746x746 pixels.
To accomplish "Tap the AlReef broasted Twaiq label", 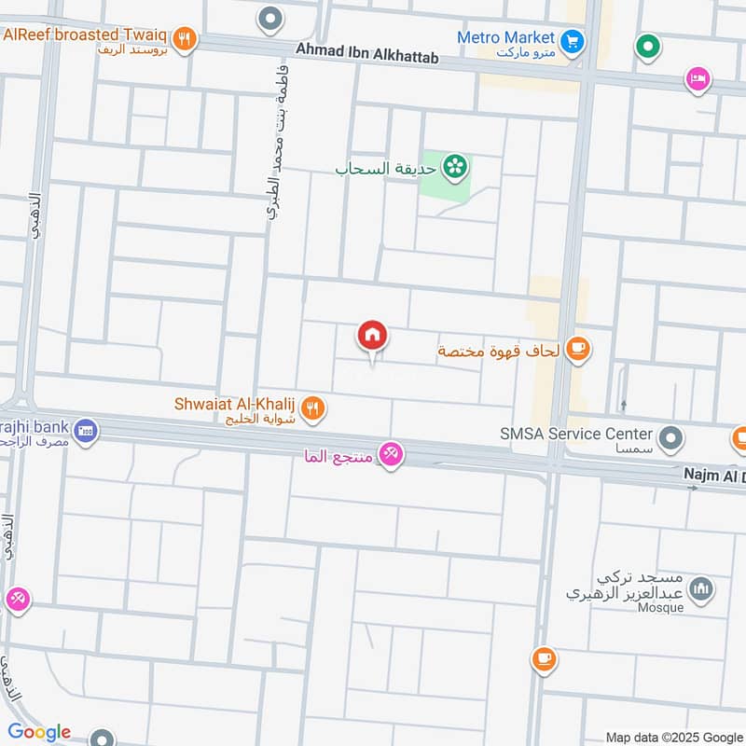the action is [x=85, y=35].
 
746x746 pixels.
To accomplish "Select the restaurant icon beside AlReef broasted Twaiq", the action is [x=185, y=39].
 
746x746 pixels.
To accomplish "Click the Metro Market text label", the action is [x=505, y=37].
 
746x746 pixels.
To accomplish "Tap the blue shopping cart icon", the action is [x=572, y=40].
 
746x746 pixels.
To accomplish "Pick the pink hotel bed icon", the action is [x=696, y=80].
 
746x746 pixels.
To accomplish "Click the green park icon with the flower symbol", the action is [x=456, y=167].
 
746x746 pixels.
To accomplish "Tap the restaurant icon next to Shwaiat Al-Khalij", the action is [x=313, y=408].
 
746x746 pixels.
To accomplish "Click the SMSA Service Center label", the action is [x=574, y=434].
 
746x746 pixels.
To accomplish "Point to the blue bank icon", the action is [x=86, y=431].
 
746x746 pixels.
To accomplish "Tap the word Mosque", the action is [x=661, y=608].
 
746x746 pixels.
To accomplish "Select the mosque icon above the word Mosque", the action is [x=701, y=587].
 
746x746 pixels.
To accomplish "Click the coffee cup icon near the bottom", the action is [x=544, y=659].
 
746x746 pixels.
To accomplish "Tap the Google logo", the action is [x=38, y=732].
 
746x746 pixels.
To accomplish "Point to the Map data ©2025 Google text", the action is [x=673, y=736].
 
